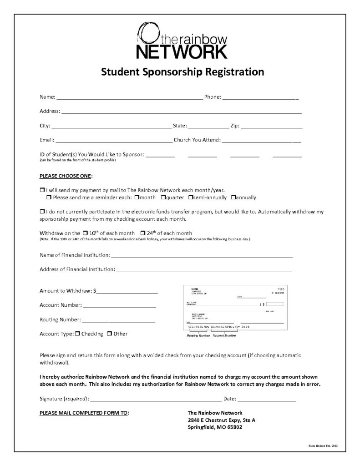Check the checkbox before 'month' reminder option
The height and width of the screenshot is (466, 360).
coord(137,198)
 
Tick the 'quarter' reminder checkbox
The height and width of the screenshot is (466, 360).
coord(162,198)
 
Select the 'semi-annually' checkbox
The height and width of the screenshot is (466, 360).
coord(191,198)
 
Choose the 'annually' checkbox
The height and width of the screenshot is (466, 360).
coord(233,198)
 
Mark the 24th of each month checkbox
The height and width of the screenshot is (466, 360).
coord(143,233)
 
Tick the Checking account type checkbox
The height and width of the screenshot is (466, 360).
coord(77,334)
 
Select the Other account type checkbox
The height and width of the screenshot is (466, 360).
coord(110,334)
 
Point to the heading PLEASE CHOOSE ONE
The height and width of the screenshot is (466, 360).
coord(66,176)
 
